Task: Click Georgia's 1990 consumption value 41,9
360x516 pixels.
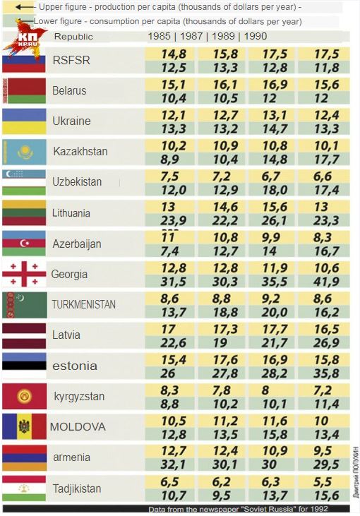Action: [x=326, y=282]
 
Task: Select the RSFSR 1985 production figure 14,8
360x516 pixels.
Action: [x=174, y=54]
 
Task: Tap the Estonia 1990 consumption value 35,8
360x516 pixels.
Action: [x=326, y=373]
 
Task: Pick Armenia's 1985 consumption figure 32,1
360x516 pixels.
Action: [x=174, y=464]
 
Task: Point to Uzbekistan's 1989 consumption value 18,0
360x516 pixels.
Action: [x=275, y=190]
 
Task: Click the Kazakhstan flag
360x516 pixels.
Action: [x=24, y=152]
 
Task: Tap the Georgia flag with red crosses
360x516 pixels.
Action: [x=24, y=274]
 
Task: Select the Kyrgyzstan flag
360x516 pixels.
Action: [x=24, y=396]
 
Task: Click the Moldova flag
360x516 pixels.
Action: [x=24, y=426]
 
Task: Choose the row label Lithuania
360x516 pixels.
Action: [x=71, y=213]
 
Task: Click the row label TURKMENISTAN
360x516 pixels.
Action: [x=83, y=304]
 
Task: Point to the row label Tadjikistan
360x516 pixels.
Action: [x=77, y=488]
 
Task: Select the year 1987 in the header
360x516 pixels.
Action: [x=191, y=36]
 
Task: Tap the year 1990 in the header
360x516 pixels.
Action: [x=256, y=36]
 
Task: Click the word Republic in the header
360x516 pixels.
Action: [x=73, y=37]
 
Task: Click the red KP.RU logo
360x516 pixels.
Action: [x=28, y=39]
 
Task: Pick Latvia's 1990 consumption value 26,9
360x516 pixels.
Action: [x=326, y=343]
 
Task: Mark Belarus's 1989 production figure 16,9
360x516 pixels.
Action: [x=275, y=85]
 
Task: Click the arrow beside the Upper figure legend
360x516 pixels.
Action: [x=24, y=7]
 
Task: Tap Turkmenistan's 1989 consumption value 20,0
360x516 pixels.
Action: [x=275, y=312]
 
